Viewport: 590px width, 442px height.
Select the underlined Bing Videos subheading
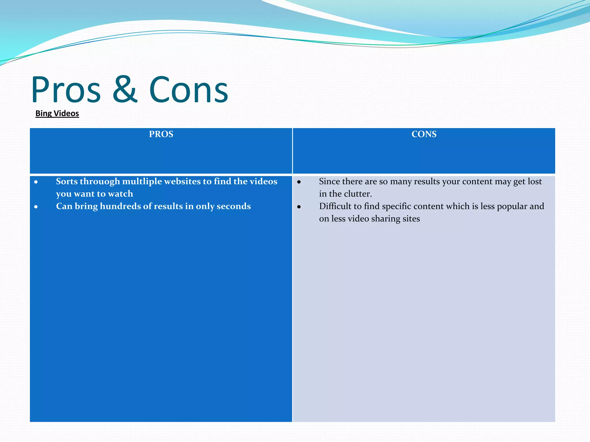57,113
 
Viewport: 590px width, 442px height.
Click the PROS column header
161,134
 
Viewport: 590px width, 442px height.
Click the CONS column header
424,134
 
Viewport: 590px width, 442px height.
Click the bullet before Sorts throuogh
36,182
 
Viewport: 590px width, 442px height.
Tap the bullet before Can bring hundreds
36,207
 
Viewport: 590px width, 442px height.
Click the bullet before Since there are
299,182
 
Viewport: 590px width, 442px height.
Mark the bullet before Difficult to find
299,207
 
